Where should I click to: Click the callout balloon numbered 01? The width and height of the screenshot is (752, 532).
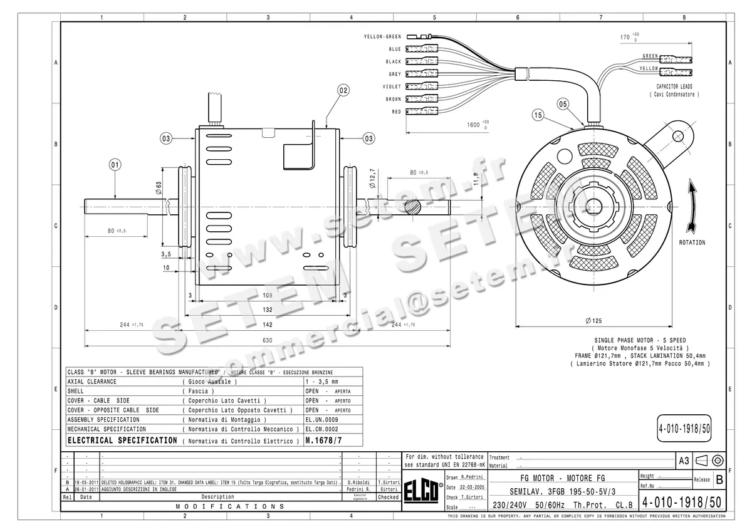click(x=115, y=165)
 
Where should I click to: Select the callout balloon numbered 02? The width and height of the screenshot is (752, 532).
click(x=343, y=90)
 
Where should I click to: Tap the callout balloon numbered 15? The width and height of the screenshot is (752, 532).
click(x=538, y=115)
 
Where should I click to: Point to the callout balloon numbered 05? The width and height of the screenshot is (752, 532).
click(x=562, y=103)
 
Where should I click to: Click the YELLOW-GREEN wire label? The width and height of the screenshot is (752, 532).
click(x=382, y=37)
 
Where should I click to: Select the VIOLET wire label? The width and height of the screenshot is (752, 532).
click(x=392, y=86)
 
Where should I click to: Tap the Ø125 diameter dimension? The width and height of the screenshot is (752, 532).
click(x=593, y=321)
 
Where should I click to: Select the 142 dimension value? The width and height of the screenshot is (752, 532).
click(x=267, y=325)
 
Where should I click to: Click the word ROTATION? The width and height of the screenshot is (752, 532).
click(x=692, y=243)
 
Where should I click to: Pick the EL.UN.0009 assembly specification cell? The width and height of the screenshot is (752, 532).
click(x=321, y=419)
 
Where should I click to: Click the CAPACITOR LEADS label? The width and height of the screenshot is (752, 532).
click(x=677, y=86)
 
